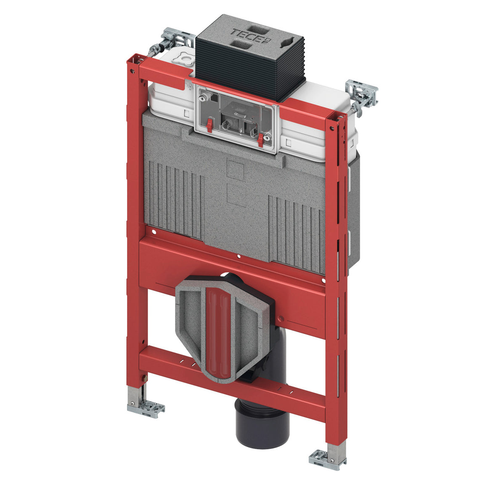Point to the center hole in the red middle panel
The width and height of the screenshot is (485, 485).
(x=239, y=256)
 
